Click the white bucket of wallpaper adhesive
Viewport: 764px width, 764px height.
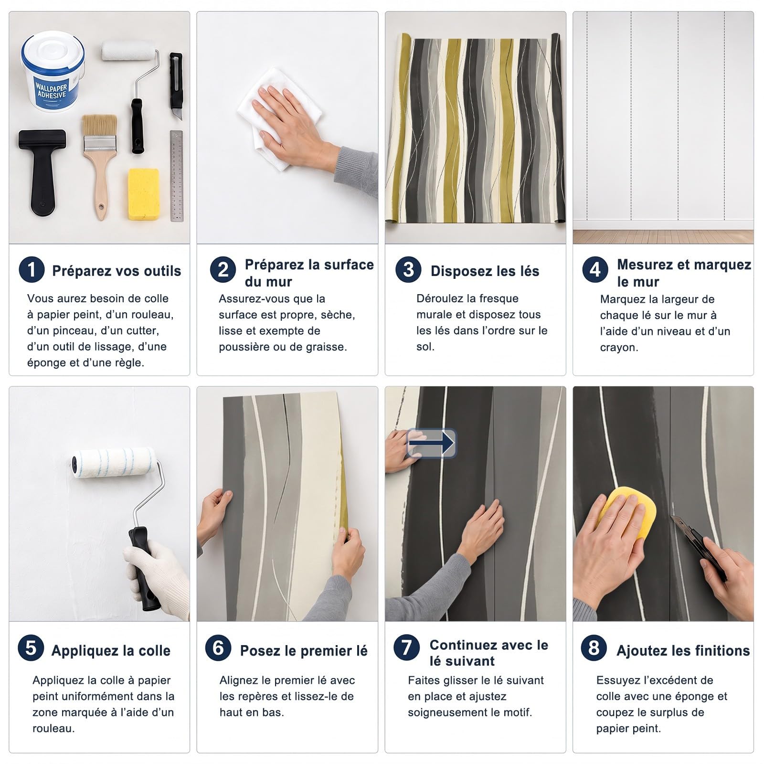click(x=53, y=72)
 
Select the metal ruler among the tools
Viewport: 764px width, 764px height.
click(x=177, y=176)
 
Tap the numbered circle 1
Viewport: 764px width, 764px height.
click(x=32, y=269)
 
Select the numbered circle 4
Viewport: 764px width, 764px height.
click(x=595, y=269)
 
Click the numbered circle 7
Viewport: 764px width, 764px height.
click(x=406, y=648)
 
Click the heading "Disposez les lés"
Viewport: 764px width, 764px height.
click(x=485, y=271)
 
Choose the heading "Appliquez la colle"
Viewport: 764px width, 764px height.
click(x=111, y=651)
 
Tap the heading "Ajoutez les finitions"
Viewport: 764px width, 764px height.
click(x=683, y=650)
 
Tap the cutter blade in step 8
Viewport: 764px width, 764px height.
click(x=675, y=520)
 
